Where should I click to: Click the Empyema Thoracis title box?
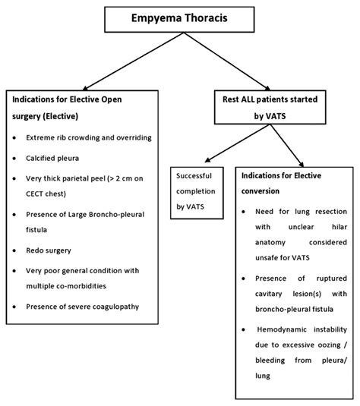180,17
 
